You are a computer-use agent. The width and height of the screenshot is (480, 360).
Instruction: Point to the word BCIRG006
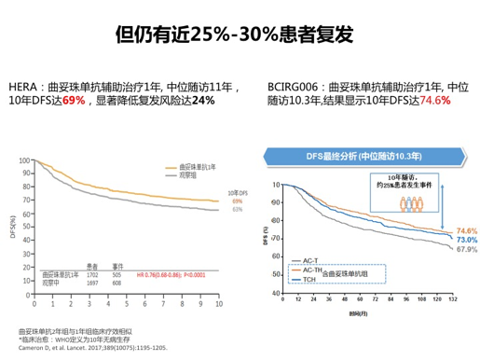[x=291, y=83]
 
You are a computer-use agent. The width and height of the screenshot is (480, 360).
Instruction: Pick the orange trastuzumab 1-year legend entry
[x=190, y=166]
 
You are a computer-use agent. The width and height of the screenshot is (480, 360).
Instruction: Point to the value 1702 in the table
[x=92, y=274]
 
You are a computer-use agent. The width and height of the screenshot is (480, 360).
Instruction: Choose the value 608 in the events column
[x=117, y=282]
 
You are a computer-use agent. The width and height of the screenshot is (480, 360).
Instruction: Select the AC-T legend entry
[x=310, y=259]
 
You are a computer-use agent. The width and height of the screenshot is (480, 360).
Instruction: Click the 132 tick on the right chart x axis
[x=451, y=299]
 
